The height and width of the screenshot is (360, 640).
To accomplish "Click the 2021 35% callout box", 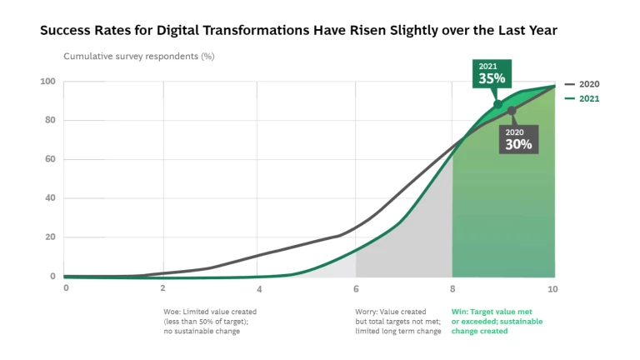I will tap(492, 73).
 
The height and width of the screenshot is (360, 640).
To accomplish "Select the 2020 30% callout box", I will tap(517, 139).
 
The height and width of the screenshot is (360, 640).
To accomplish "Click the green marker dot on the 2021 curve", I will tap(498, 104).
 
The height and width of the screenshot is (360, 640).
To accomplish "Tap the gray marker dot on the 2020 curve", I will tap(512, 111).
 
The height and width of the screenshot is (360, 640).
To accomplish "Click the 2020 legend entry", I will tap(582, 84).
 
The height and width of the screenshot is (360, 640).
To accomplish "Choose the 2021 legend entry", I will tap(582, 98).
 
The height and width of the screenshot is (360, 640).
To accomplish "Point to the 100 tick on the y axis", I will tap(47, 82).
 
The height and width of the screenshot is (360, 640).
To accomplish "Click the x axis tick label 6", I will tap(356, 288).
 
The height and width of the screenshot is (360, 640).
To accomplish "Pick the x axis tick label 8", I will tap(453, 288).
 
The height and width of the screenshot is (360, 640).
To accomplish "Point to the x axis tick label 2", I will tap(162, 288).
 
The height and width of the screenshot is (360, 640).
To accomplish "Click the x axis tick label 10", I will tap(551, 288).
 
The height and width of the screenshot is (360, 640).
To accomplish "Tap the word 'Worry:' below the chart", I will tap(367, 312).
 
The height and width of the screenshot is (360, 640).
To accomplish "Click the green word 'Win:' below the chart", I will tap(459, 312).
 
